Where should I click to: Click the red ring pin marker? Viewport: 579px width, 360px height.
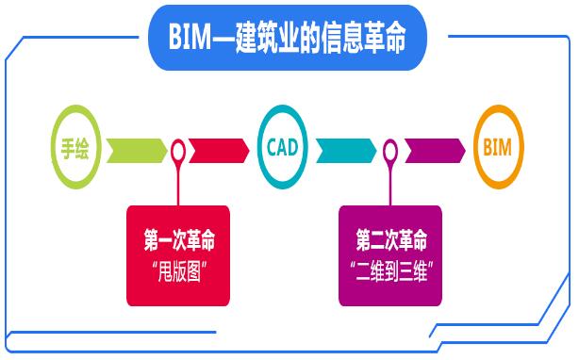tap(179, 150)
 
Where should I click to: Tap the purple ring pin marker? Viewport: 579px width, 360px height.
tap(391, 150)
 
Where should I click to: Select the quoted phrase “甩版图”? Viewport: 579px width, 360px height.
tap(178, 268)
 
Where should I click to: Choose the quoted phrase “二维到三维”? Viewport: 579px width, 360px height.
tap(391, 268)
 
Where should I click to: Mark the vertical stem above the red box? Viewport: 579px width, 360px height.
tap(179, 184)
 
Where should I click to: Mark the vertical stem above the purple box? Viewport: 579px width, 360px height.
tap(391, 184)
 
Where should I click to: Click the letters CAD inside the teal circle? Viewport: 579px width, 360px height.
tap(283, 149)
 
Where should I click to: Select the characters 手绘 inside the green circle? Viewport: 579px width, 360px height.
tap(75, 149)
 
